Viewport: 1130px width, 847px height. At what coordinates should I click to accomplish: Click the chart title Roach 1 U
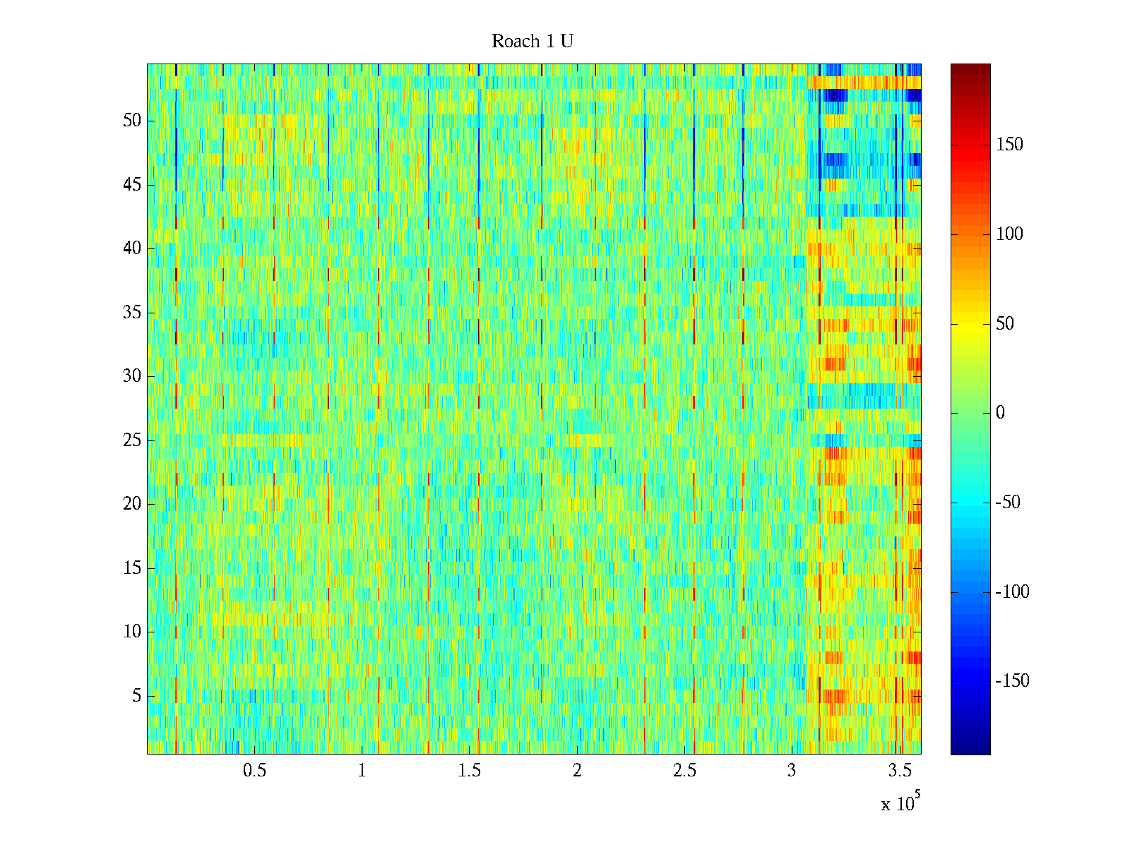point(532,42)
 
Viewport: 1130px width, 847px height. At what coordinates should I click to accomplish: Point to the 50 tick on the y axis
point(132,121)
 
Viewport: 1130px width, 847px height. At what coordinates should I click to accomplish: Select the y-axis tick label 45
point(132,185)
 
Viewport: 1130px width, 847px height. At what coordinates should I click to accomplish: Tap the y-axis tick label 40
point(132,248)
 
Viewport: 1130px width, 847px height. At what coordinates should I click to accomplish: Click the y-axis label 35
point(132,313)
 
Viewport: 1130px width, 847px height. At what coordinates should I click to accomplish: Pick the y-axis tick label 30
point(132,376)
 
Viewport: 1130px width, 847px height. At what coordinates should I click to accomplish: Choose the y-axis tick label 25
point(132,440)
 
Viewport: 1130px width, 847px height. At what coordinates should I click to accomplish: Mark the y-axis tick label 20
point(132,504)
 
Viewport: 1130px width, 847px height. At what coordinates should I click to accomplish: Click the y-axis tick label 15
point(132,568)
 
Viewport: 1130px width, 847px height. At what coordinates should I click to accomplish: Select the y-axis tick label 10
point(132,632)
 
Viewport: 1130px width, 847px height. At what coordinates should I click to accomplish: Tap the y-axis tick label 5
point(136,696)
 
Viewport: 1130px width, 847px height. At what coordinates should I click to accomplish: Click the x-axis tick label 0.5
point(254,771)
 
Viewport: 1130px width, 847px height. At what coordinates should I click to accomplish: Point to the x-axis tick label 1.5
point(470,771)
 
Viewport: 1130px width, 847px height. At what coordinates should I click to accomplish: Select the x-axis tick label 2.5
point(684,771)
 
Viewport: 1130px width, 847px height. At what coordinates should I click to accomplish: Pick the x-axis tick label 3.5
point(900,771)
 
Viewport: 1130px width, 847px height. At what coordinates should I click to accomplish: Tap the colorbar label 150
point(1009,145)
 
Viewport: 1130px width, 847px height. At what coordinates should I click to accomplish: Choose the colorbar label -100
point(1012,592)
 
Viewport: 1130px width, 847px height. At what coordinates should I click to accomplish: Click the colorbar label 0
point(1000,413)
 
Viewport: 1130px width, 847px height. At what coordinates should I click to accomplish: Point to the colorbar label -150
point(1012,681)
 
